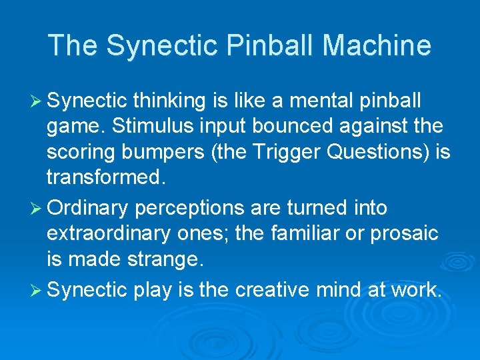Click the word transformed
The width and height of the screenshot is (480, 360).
103,177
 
